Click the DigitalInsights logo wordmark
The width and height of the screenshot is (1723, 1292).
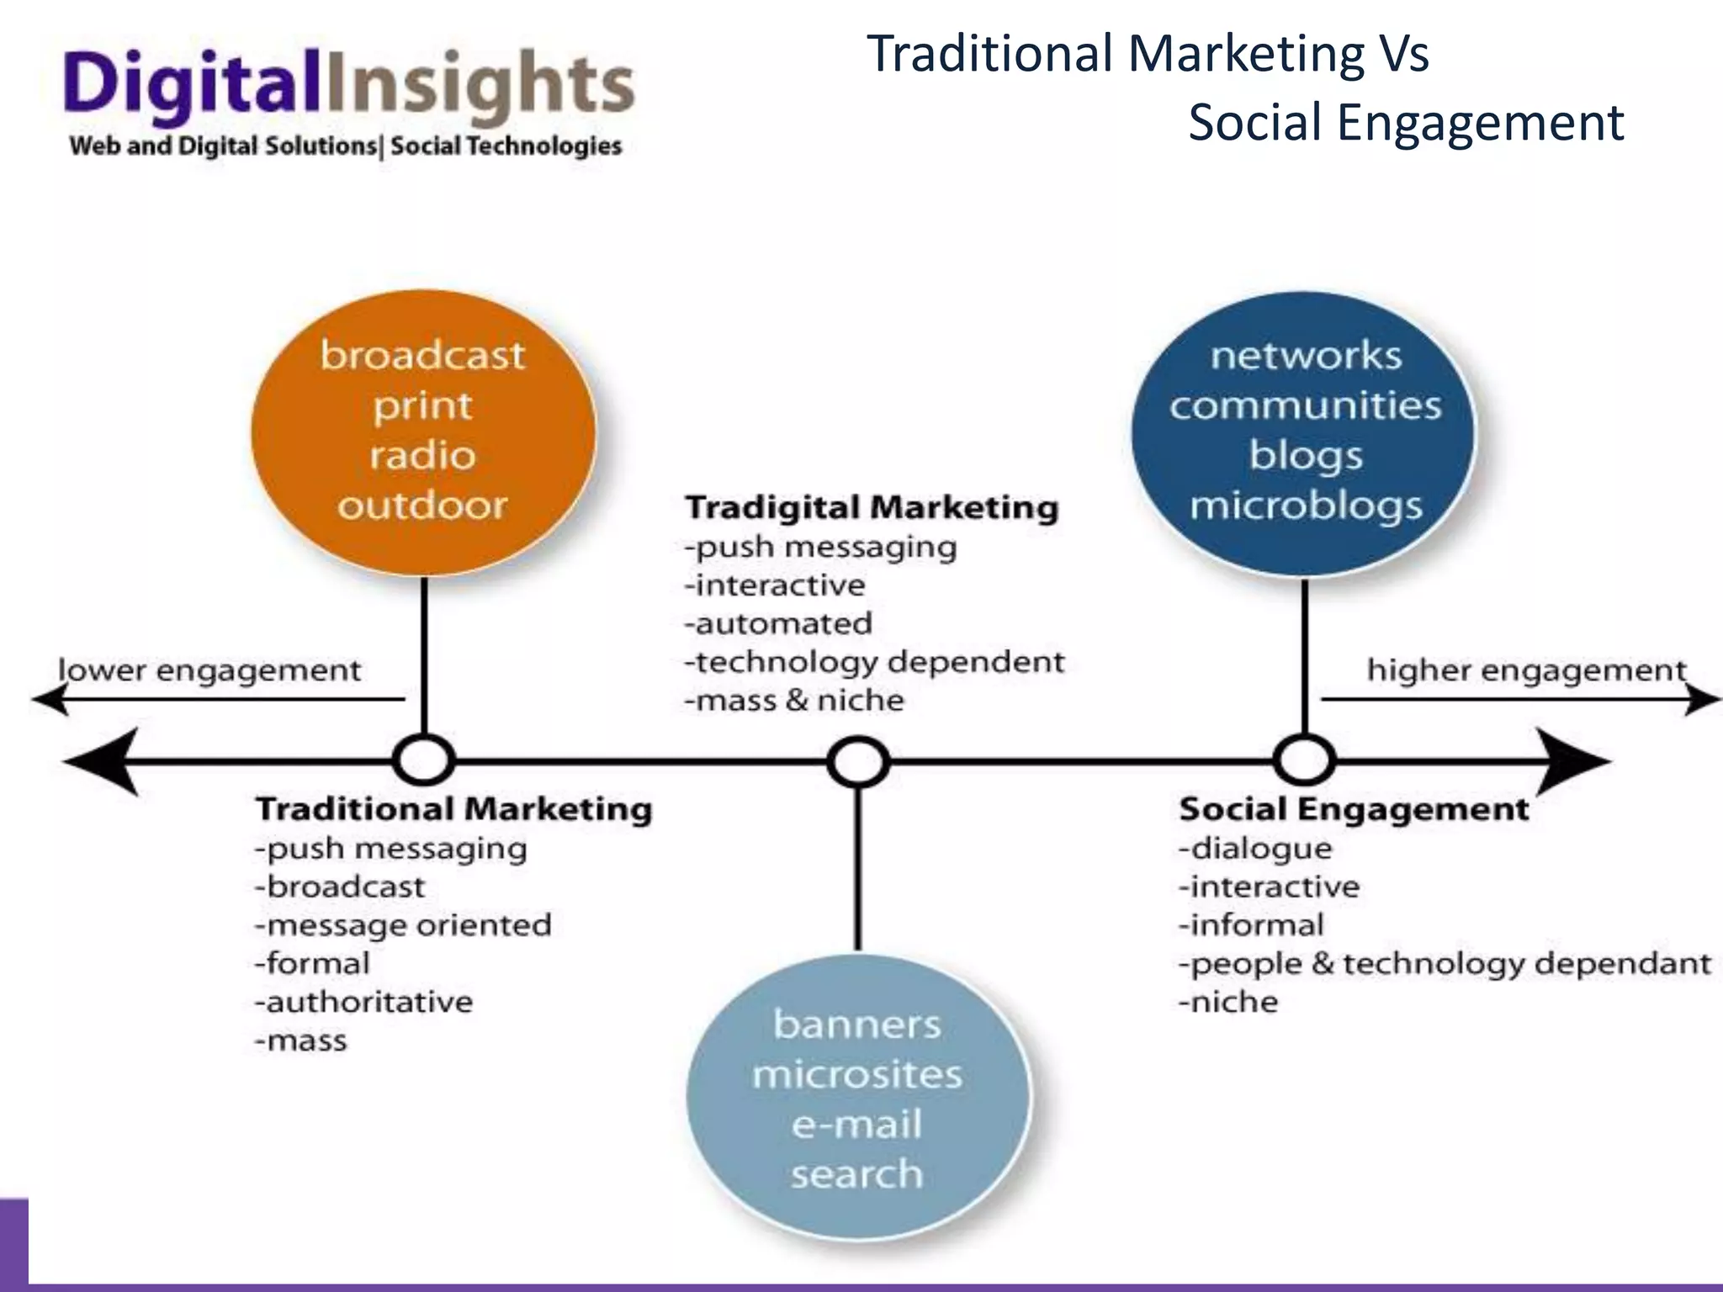point(347,88)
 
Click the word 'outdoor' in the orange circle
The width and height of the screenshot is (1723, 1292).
point(422,506)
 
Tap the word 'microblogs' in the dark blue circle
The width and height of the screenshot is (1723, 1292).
point(1306,506)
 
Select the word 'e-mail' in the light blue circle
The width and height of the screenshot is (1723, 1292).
point(856,1125)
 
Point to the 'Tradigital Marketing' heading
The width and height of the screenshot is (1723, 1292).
point(872,508)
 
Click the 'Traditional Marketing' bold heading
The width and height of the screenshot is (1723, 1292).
point(453,809)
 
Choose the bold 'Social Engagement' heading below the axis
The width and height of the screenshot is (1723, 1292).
point(1354,809)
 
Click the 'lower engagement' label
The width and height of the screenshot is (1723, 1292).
point(209,670)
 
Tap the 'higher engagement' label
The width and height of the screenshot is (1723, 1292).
point(1526,670)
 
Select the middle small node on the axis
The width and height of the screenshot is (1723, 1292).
point(857,763)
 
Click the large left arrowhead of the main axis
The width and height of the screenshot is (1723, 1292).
point(101,762)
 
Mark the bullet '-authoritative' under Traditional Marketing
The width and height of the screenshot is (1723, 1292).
point(364,1002)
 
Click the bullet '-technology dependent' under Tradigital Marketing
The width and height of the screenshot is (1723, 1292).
point(875,662)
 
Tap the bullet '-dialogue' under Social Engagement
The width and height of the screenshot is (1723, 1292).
point(1255,848)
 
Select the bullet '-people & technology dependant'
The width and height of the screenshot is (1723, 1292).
point(1445,963)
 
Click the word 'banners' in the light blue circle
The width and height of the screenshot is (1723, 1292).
point(856,1025)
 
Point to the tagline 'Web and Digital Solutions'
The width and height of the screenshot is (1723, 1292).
point(223,146)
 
